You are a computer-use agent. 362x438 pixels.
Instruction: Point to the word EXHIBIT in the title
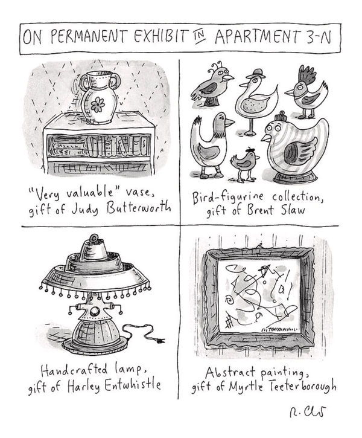(x=157, y=35)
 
